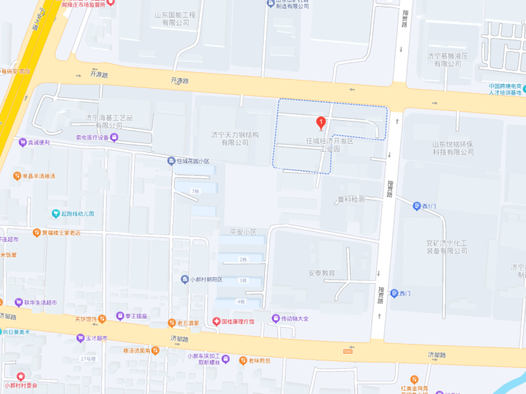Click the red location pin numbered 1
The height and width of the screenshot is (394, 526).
[321, 122]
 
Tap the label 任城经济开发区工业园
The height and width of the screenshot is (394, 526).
[329, 145]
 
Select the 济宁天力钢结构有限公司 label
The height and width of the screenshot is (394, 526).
[235, 139]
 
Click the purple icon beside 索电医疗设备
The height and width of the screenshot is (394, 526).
[114, 137]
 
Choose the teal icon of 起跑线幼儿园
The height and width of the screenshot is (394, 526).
[56, 213]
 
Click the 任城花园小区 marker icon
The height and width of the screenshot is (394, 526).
[170, 160]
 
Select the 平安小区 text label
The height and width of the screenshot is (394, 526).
[242, 232]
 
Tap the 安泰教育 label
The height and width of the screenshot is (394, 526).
[322, 273]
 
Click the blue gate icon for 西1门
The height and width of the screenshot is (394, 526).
[417, 206]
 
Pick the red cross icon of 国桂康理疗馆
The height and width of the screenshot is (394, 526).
[216, 321]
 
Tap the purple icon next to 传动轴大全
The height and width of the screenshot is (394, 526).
[275, 318]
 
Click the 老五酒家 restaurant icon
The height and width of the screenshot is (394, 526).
[172, 322]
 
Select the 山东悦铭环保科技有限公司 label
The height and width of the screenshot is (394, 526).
[452, 148]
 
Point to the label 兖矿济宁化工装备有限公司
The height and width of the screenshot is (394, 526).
[446, 247]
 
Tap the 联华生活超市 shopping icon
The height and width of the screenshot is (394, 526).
[18, 302]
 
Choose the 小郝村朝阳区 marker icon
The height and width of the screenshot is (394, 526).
[185, 279]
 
